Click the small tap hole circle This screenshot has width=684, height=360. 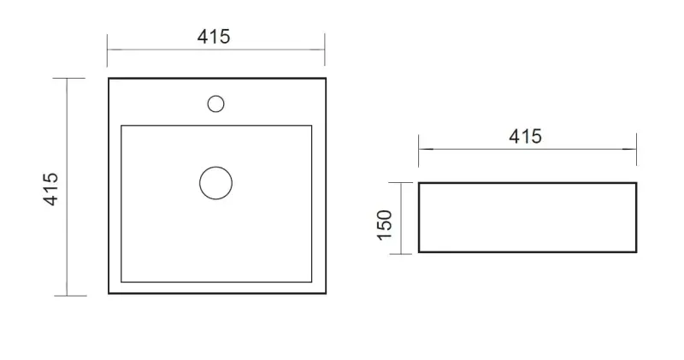(x=215, y=103)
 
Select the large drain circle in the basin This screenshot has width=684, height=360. (x=215, y=182)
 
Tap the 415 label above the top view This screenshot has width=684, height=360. (x=214, y=37)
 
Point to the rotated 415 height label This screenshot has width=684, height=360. (x=50, y=188)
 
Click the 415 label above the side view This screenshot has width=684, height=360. (x=525, y=136)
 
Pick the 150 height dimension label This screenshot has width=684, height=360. (x=385, y=225)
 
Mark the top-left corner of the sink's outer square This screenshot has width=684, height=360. (x=109, y=79)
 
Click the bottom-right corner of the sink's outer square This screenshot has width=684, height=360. (x=326, y=294)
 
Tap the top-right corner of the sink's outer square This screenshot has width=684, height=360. (x=326, y=79)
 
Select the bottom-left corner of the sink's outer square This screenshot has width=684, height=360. (x=109, y=294)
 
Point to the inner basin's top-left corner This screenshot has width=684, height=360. (x=121, y=126)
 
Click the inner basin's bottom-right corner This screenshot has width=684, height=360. (x=311, y=282)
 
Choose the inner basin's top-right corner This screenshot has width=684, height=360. (x=311, y=126)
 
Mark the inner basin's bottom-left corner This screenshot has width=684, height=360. (x=121, y=282)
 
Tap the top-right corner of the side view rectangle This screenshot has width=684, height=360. (x=636, y=183)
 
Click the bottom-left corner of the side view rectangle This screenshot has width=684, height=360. (x=418, y=252)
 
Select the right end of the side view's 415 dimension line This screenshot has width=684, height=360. (x=636, y=150)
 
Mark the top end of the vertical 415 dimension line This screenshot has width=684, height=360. (x=68, y=79)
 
